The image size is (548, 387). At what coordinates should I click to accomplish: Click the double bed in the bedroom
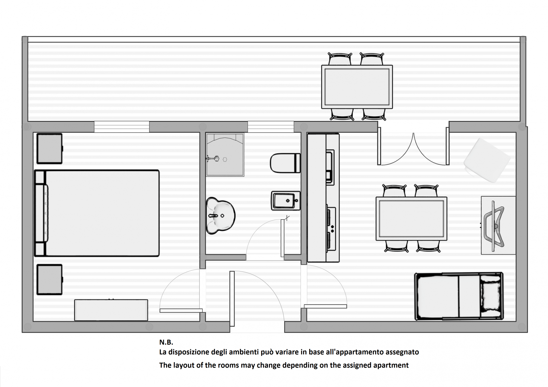[x=97, y=213]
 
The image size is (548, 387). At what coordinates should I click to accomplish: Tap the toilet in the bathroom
[x=285, y=163]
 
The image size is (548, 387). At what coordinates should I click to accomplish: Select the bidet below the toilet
[x=286, y=201]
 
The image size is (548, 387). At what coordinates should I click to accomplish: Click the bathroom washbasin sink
[x=220, y=216]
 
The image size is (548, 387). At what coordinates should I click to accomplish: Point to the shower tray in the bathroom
[x=225, y=155]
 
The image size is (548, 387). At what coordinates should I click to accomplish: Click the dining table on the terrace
[x=357, y=87]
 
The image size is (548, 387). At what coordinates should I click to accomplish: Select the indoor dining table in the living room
[x=411, y=219]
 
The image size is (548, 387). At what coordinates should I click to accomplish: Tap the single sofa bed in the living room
[x=459, y=296]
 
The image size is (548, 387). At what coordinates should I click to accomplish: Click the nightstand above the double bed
[x=50, y=149]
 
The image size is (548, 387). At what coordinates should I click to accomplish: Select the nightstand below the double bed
[x=50, y=279]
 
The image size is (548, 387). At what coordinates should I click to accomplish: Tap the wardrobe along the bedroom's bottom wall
[x=111, y=310]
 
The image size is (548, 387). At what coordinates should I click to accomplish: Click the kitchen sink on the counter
[x=330, y=167]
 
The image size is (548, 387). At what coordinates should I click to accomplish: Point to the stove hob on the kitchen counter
[x=331, y=229]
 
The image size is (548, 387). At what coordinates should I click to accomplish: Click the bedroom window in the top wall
[x=122, y=127]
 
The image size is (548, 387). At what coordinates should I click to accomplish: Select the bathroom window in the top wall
[x=271, y=127]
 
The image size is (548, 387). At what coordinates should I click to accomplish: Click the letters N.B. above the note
[x=166, y=342]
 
